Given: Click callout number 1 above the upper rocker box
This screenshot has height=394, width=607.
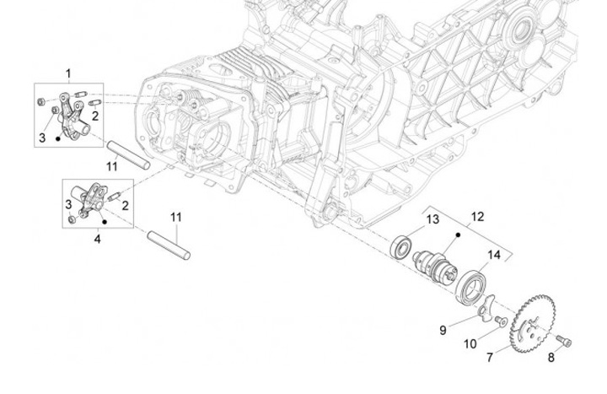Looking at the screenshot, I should [x=68, y=74].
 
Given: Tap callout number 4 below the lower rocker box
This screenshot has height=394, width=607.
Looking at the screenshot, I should [x=97, y=239].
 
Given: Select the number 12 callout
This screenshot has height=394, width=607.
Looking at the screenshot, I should [x=477, y=217].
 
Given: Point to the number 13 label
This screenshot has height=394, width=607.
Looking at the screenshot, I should [x=432, y=220].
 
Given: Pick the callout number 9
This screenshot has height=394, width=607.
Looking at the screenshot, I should [x=443, y=330].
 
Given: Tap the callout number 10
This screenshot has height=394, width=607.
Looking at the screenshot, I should [x=471, y=345].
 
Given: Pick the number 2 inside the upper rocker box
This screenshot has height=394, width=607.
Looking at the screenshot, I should [x=96, y=116].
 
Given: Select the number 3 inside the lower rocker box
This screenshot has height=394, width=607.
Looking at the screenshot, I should [x=69, y=204].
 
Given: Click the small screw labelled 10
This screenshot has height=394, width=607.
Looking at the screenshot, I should [x=501, y=321].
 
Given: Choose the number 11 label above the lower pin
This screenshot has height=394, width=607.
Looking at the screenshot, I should [x=175, y=217].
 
